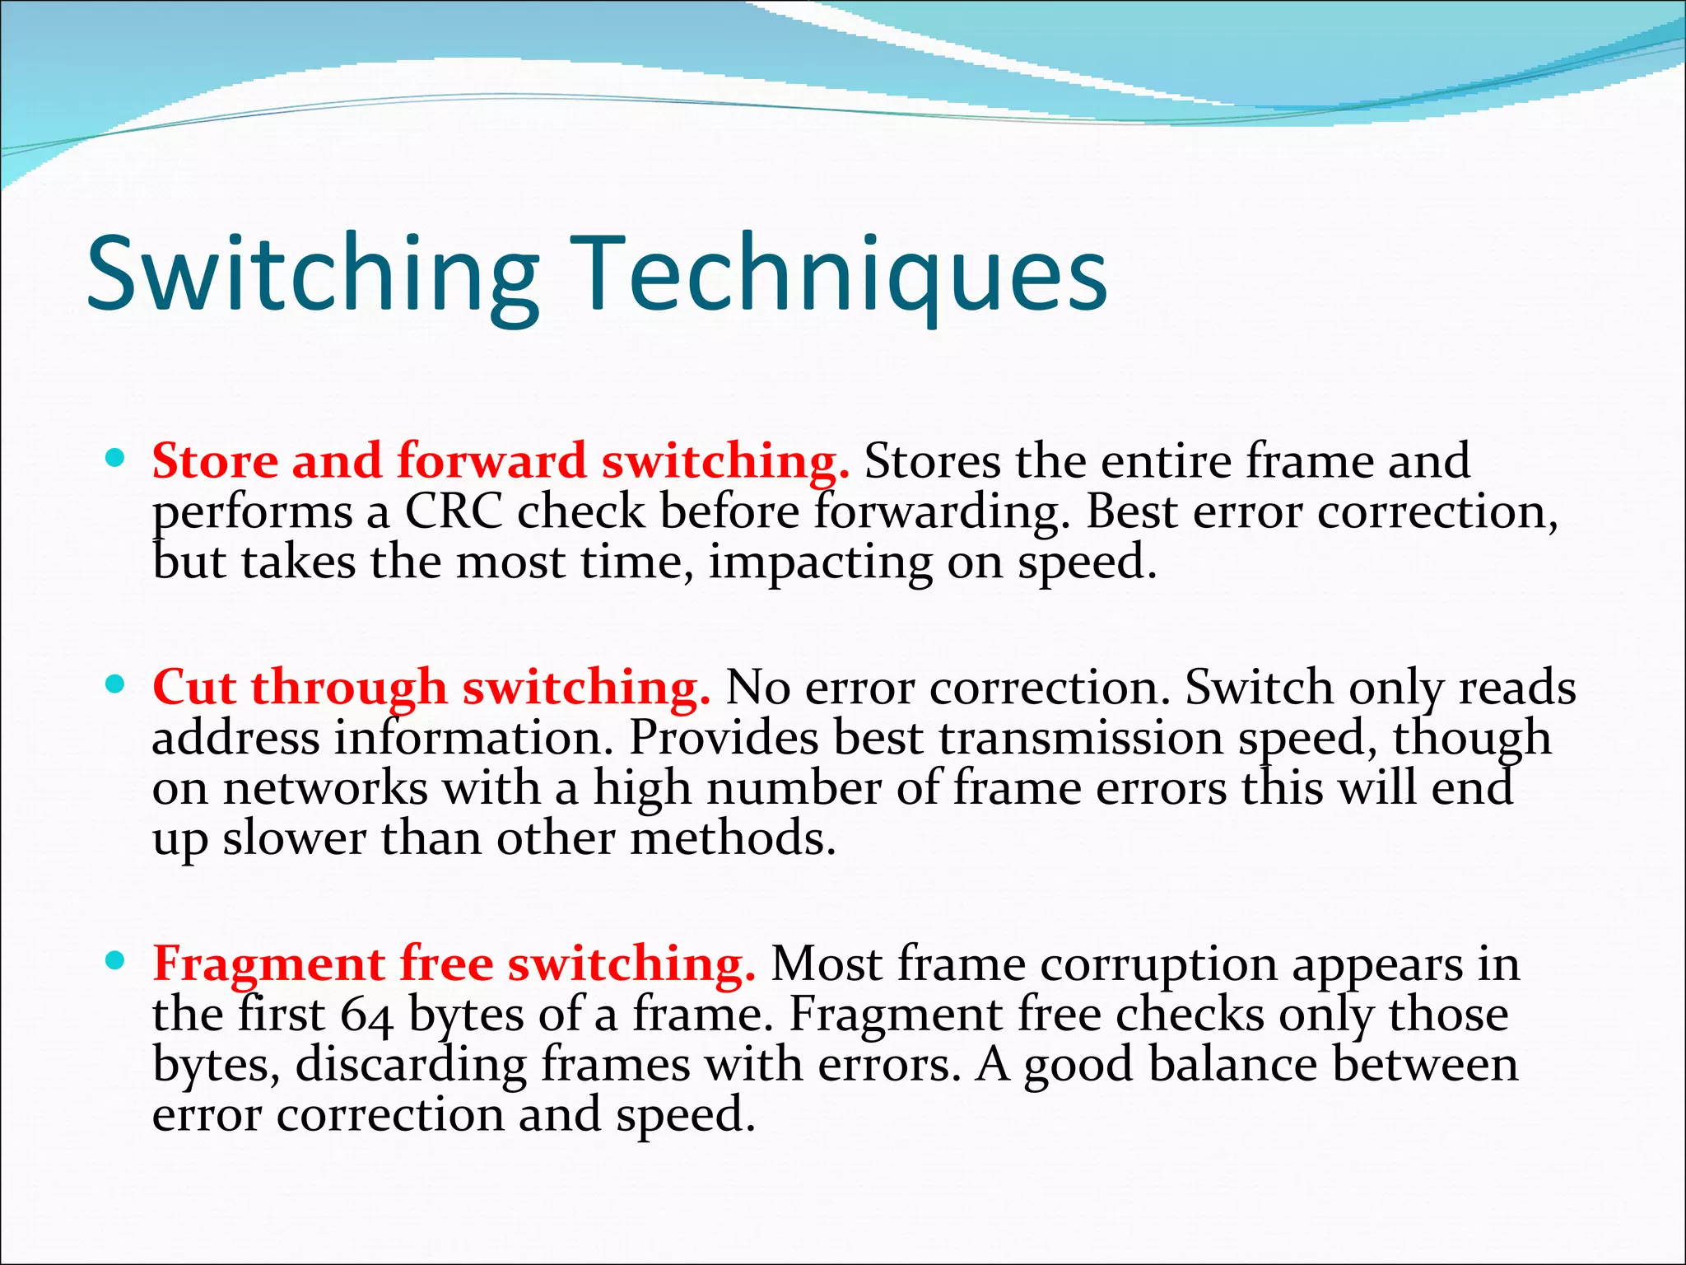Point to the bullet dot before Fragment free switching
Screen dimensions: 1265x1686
(x=115, y=959)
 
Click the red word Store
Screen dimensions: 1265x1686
(x=215, y=460)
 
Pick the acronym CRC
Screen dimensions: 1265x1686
(x=453, y=511)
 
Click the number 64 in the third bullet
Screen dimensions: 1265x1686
(x=366, y=1015)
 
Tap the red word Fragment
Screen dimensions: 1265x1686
(x=268, y=964)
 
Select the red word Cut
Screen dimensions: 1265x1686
(x=194, y=687)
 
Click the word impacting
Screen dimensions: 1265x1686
(x=820, y=563)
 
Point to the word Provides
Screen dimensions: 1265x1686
(x=724, y=737)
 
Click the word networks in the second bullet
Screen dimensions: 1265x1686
(x=325, y=788)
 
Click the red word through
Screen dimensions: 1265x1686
(x=349, y=687)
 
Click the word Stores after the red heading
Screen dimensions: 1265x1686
(x=932, y=460)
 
